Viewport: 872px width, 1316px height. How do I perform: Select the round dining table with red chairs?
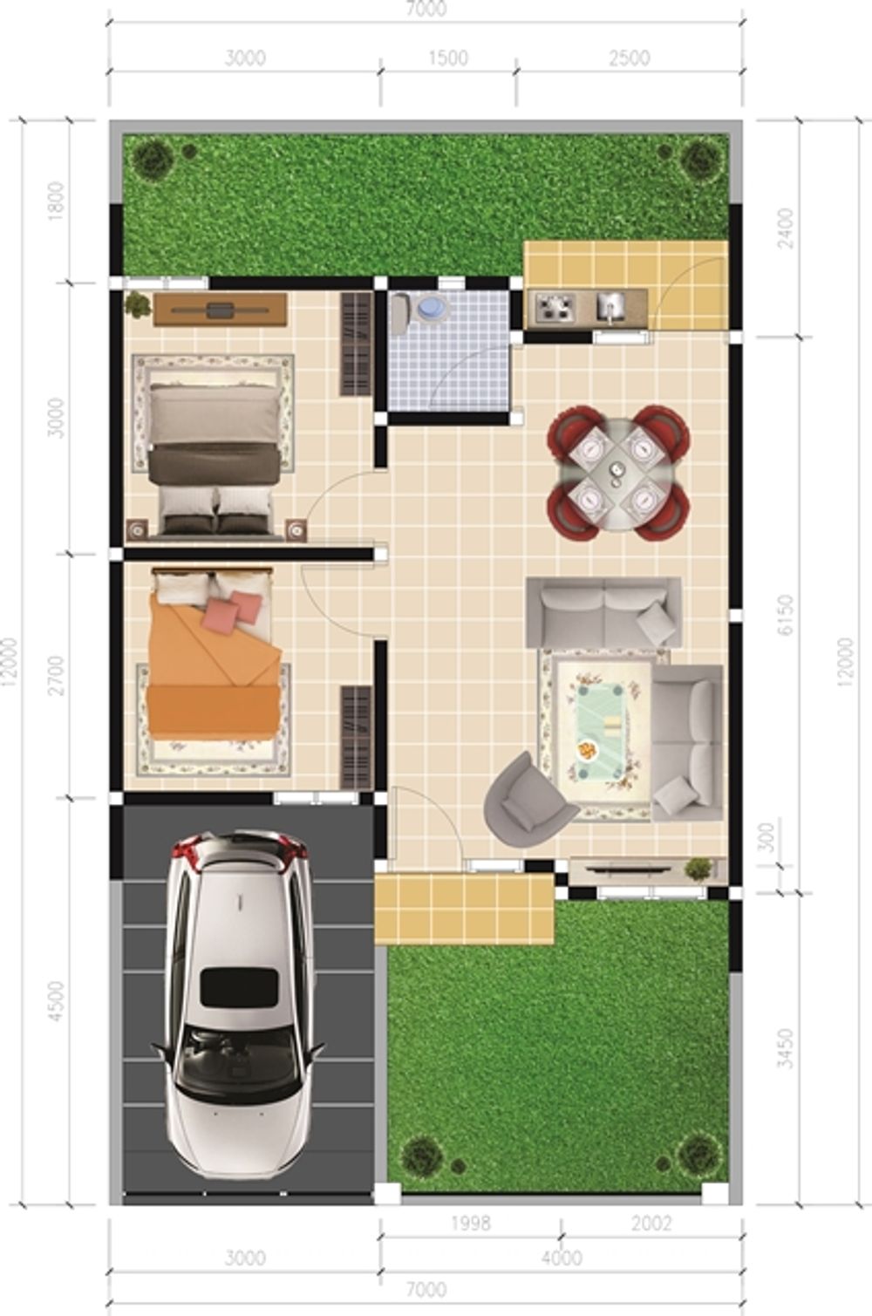618,472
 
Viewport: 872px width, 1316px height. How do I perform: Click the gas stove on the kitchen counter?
555,307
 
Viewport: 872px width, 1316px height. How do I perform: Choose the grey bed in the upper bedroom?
214,459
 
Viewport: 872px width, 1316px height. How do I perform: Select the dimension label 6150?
785,615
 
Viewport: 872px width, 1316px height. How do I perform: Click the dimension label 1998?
471,1224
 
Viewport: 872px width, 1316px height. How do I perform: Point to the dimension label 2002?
651,1224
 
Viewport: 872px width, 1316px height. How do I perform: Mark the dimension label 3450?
785,1048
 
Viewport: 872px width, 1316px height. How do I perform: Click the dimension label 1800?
57,201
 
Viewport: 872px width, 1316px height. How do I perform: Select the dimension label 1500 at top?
448,58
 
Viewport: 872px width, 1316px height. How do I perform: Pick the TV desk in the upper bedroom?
221,310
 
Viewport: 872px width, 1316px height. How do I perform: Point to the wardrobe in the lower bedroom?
357,737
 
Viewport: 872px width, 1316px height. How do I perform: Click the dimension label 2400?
785,228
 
